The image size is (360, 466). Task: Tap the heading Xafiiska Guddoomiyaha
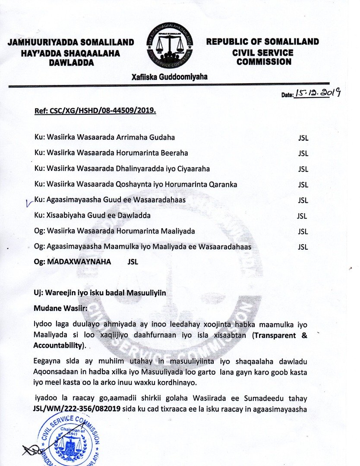170,77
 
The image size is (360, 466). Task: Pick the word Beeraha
174,153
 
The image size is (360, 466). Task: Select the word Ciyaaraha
190,169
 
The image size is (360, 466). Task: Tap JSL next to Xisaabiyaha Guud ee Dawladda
302,216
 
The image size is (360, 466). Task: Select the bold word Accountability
58,346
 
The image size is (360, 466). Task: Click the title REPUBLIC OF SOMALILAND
262,42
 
